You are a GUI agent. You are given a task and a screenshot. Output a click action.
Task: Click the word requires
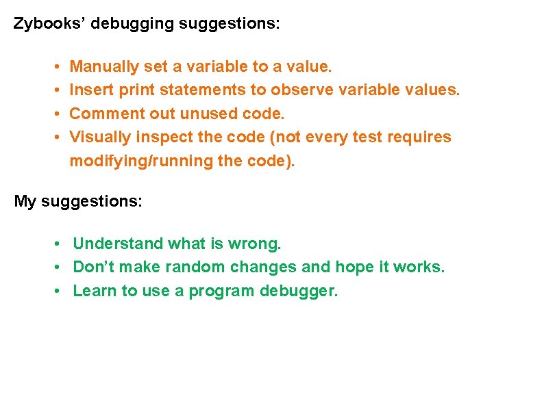pyautogui.click(x=421, y=137)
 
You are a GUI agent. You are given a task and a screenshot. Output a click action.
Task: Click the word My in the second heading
pyautogui.click(x=25, y=202)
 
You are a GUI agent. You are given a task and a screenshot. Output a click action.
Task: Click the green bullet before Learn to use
pyautogui.click(x=59, y=291)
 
